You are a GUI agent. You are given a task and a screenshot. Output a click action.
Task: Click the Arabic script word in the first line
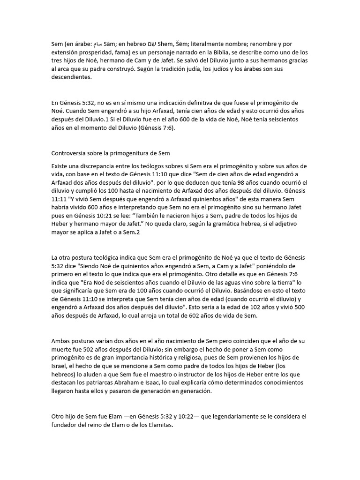pos(97,44)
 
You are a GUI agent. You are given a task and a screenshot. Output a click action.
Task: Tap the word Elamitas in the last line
pos(159,426)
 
